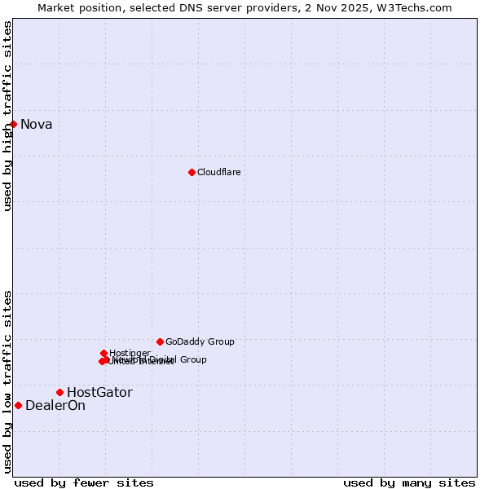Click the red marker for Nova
click(14, 124)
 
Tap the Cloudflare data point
click(192, 172)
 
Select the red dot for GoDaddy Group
click(160, 341)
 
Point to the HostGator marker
click(59, 392)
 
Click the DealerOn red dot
click(18, 405)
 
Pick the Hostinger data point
click(104, 353)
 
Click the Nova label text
click(36, 124)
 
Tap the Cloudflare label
click(218, 172)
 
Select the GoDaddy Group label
click(200, 341)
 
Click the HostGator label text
click(99, 392)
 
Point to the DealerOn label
click(55, 405)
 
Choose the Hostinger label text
click(130, 353)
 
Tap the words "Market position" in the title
click(77, 7)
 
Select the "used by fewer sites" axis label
click(84, 482)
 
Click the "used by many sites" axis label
click(409, 482)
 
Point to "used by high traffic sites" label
click(7, 116)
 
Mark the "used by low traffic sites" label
click(7, 381)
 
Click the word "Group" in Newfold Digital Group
click(192, 359)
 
